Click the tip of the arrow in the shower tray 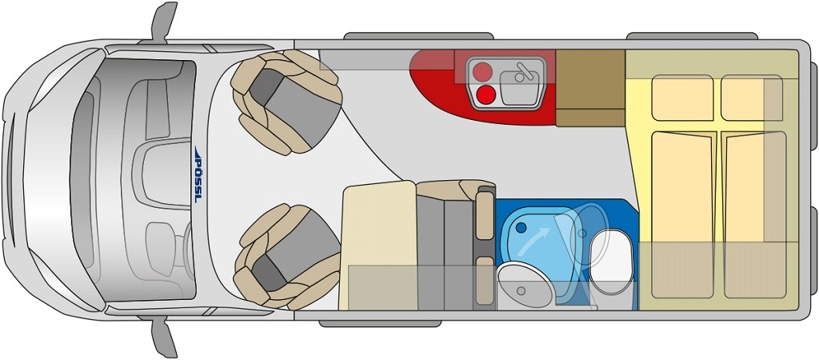(551, 228)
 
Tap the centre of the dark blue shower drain (521, 228)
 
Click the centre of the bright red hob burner (486, 94)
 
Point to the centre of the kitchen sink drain (519, 78)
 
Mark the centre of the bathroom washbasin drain (521, 290)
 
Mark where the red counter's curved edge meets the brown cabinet (555, 125)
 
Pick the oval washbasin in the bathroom (524, 285)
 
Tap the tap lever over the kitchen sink (523, 71)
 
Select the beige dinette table (378, 245)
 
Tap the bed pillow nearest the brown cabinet (683, 98)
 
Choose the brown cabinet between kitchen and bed (590, 88)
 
